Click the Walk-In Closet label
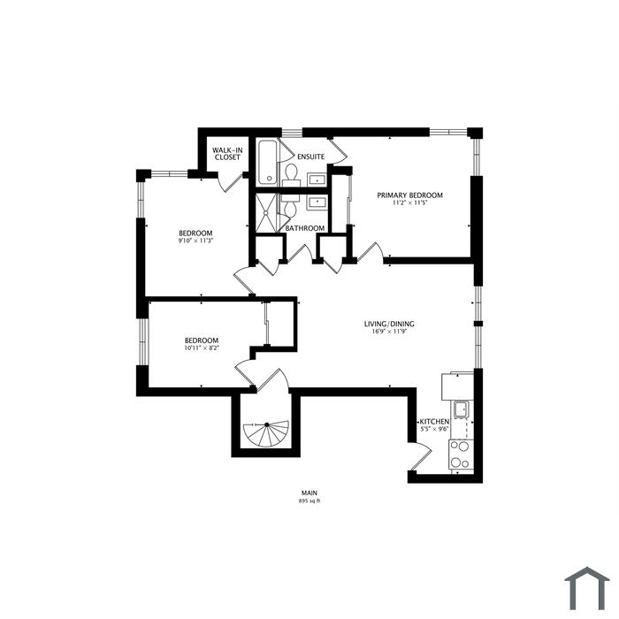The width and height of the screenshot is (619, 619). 227,154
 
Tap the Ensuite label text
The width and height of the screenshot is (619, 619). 311,157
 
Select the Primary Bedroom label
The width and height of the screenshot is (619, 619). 409,195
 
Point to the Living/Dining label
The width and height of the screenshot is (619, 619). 389,325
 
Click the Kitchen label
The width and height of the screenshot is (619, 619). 434,422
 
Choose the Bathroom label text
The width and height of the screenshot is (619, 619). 305,228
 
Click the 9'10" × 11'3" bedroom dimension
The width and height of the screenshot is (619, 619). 195,240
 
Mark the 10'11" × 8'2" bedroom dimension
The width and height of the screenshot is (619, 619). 202,348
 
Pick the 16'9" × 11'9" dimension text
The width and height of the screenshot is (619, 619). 389,332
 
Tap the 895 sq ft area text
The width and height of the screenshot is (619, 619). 309,501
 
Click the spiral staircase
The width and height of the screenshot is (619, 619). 266,434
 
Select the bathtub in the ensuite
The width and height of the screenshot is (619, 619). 268,162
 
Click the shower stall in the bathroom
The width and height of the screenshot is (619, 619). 266,213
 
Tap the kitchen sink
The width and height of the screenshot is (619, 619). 461,409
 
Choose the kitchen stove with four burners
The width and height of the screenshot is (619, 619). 461,455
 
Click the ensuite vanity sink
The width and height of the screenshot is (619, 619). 317,180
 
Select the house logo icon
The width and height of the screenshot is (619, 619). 587,589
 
